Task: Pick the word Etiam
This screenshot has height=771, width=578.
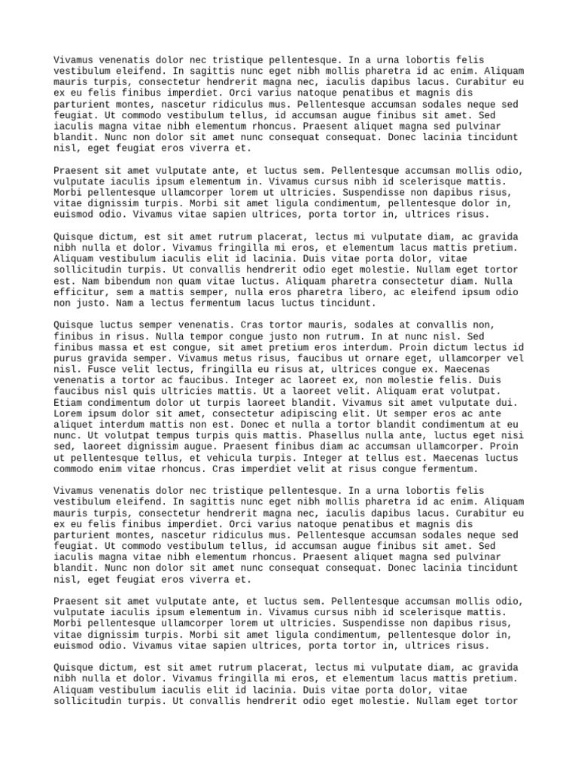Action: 68,403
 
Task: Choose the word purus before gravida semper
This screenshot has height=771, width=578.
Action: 68,358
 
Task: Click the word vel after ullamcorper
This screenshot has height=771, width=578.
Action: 515,358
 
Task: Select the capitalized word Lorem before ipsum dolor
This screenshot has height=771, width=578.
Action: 68,413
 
